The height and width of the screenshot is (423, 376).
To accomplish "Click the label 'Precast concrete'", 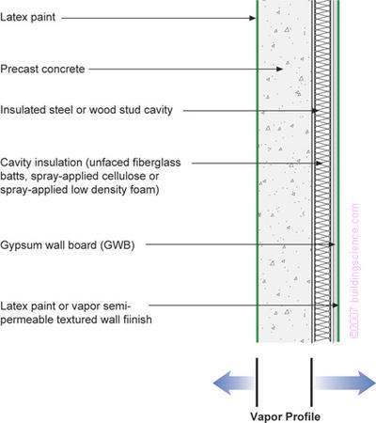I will coord(42,69).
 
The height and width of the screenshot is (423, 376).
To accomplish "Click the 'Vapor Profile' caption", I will coord(283,413).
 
